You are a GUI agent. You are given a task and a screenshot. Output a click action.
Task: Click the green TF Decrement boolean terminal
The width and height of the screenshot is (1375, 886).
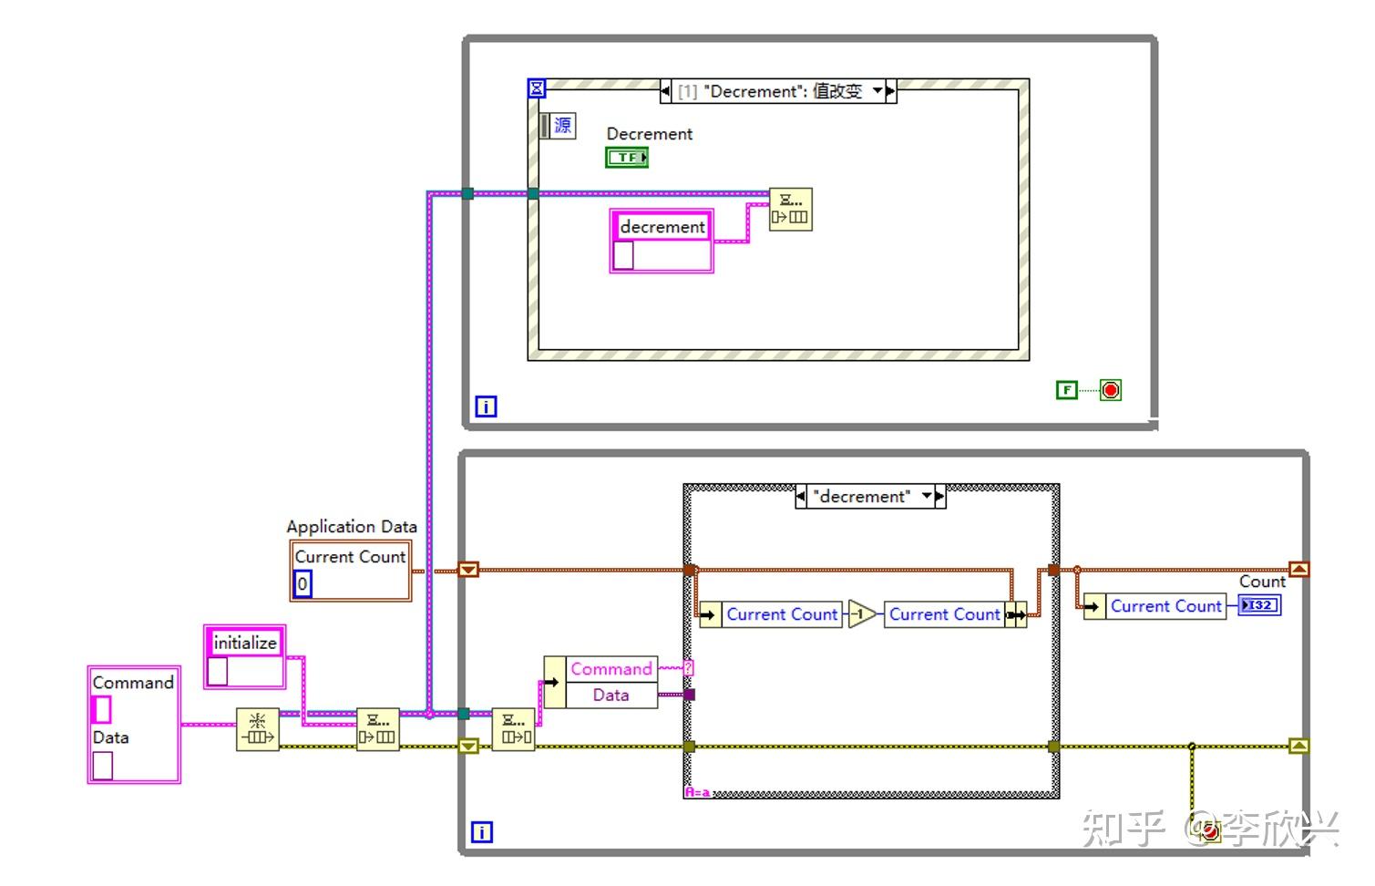click(x=626, y=158)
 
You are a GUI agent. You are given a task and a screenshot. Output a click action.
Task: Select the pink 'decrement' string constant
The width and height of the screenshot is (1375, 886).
click(x=662, y=227)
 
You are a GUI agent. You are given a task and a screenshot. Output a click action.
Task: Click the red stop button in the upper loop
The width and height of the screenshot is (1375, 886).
click(x=1110, y=390)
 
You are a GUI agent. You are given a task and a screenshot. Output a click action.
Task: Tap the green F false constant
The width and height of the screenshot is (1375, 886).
click(x=1066, y=390)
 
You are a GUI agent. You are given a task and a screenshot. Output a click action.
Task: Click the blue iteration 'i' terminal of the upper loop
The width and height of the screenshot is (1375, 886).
click(x=486, y=407)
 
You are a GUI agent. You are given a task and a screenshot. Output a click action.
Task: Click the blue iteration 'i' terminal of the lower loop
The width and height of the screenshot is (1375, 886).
click(x=481, y=831)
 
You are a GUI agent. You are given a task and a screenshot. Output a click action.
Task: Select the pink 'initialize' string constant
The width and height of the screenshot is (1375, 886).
click(x=244, y=643)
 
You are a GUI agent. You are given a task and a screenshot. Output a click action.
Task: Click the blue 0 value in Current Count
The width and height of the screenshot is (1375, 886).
click(x=303, y=583)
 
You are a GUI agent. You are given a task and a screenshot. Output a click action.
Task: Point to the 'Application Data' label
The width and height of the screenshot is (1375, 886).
click(x=352, y=527)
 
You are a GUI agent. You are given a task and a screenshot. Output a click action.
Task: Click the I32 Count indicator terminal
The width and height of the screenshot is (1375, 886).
click(x=1259, y=605)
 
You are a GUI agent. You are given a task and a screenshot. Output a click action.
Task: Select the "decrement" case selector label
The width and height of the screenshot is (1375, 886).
click(x=862, y=497)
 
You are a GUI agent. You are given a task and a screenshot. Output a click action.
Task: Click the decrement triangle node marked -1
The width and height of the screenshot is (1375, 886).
click(x=861, y=614)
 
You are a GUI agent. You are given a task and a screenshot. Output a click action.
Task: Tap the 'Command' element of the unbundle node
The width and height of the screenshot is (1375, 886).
click(x=611, y=669)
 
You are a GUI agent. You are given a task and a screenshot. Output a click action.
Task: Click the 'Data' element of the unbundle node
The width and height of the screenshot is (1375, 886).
click(x=611, y=695)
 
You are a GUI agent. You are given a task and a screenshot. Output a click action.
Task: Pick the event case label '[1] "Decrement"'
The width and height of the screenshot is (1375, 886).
click(x=770, y=91)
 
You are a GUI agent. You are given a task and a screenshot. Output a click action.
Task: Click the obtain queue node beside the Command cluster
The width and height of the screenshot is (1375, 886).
click(x=257, y=729)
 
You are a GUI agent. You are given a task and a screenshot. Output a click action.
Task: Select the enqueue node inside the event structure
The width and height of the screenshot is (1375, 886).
click(x=790, y=209)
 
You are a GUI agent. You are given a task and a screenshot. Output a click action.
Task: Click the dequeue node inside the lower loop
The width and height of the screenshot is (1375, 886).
click(x=513, y=729)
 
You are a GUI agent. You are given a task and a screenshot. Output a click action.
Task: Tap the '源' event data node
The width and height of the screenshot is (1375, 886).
click(x=559, y=125)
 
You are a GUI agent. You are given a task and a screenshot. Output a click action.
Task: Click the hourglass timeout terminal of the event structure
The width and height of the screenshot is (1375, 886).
click(x=537, y=88)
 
